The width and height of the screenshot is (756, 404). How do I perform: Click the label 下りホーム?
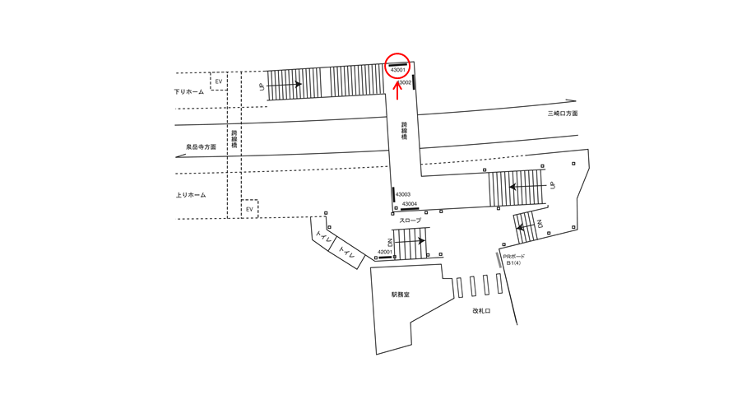coord(189,91)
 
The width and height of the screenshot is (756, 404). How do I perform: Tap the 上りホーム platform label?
coord(191,195)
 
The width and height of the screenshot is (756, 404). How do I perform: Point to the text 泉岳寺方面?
coord(201,147)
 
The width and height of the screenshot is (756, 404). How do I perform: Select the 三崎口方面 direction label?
coord(563,113)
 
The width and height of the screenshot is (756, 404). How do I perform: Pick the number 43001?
coord(398,70)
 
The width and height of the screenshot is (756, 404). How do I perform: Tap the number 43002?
coord(404,82)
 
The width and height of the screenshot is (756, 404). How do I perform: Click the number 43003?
coord(403,194)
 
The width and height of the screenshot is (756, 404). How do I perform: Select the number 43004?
coord(409,203)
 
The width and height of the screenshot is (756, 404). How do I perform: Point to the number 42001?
coord(385,252)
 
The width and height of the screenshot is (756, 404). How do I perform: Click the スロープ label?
coord(410,221)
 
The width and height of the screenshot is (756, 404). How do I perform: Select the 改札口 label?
coord(481,311)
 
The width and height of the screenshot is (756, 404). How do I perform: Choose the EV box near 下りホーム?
coord(219,81)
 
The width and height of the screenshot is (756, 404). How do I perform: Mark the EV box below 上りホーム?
coord(249,210)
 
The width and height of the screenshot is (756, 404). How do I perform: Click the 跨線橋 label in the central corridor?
coord(404,131)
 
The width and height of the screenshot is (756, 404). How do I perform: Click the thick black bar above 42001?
coord(384,258)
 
